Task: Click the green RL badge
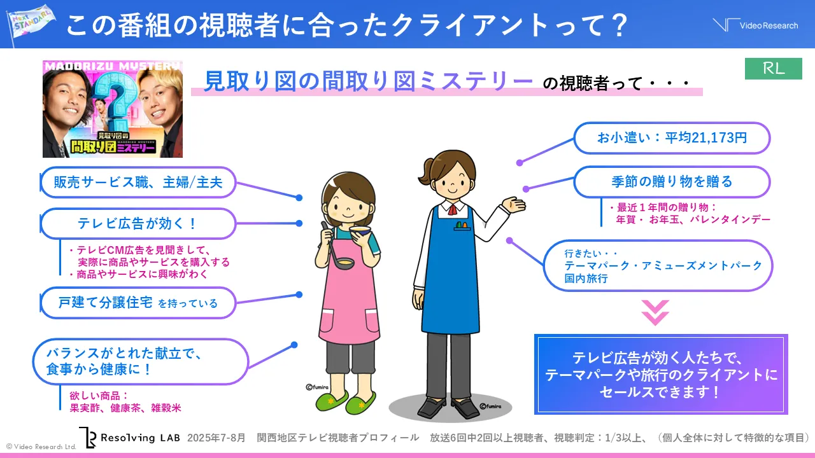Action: (x=774, y=69)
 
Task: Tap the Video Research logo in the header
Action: (x=755, y=25)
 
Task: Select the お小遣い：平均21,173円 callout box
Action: (x=672, y=138)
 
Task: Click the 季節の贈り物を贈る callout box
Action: (x=672, y=182)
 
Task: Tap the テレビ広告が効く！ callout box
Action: (x=138, y=223)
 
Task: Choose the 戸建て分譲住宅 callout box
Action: (x=138, y=303)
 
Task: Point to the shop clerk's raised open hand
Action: (x=513, y=204)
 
